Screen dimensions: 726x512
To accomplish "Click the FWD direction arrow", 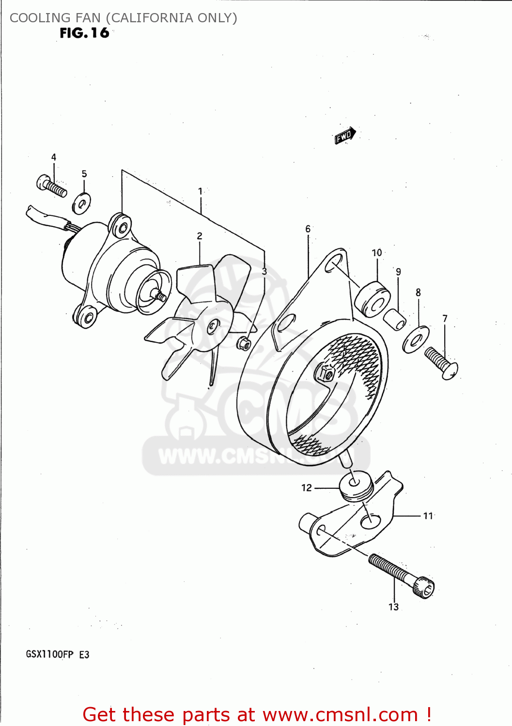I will [x=345, y=136].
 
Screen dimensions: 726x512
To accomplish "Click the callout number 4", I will [x=54, y=157].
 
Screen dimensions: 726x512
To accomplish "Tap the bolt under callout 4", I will [x=51, y=186].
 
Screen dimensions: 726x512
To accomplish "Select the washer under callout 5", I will [x=81, y=203].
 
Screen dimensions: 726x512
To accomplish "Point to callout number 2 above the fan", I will [x=200, y=236].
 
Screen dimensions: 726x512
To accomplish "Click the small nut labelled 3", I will [x=243, y=344].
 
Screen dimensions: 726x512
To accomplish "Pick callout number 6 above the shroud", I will [x=308, y=229].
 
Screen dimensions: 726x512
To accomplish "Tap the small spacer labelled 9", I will [x=395, y=319].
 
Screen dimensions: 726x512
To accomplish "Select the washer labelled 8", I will [x=416, y=339].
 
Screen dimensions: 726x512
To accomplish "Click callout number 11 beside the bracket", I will [x=428, y=516].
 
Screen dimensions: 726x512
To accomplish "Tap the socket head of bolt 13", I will [x=424, y=588].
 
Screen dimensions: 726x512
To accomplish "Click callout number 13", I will [x=393, y=607].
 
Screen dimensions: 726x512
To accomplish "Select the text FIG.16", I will [x=84, y=33].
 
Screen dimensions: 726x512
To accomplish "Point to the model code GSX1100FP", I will [x=49, y=654].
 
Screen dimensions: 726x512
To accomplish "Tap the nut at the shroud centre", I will [x=325, y=374].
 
